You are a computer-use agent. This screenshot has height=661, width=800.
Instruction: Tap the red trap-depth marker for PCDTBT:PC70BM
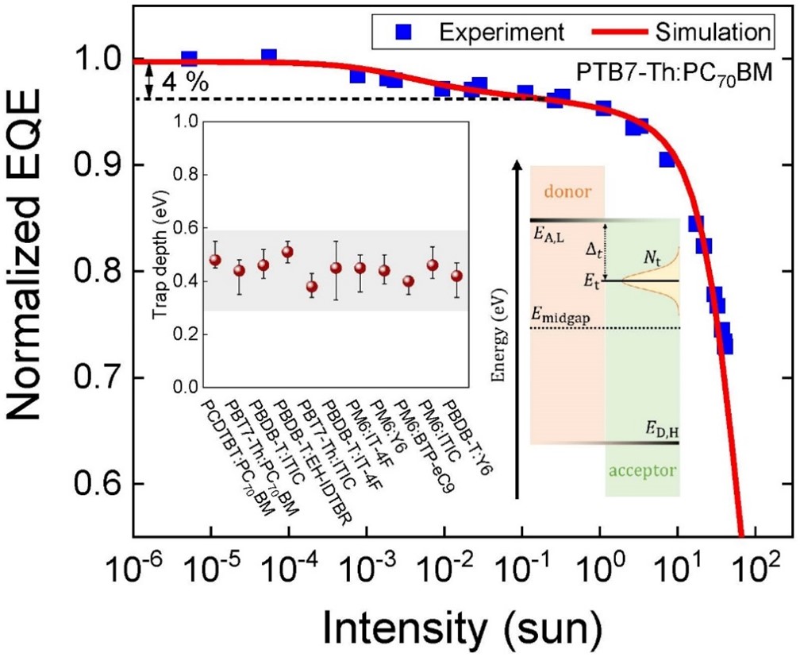point(215,260)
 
